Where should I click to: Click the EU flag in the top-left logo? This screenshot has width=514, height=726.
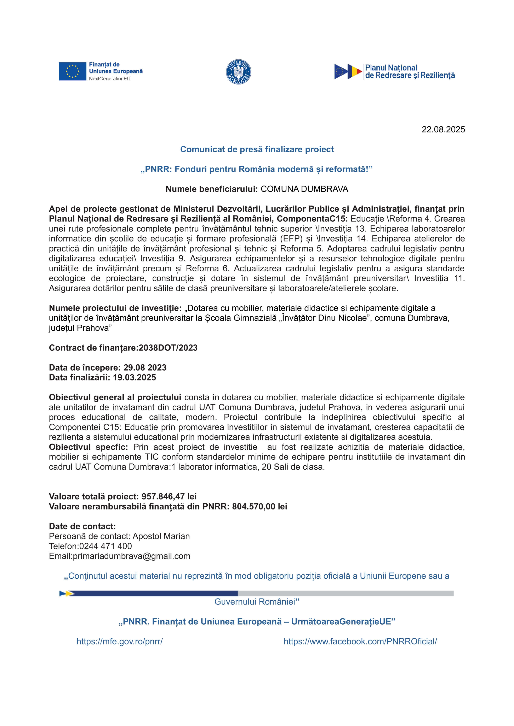73,71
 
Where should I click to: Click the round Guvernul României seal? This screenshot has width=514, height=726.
238,72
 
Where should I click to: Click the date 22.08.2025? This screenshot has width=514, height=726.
443,130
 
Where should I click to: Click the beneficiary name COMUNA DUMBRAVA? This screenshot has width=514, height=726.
304,189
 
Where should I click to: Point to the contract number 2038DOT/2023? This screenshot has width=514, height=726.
168,348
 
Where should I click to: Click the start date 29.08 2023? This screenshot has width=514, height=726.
145,368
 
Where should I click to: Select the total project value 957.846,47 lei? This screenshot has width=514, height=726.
169,496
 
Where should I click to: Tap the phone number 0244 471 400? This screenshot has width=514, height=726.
105,546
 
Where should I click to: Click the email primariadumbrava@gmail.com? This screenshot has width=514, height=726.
131,556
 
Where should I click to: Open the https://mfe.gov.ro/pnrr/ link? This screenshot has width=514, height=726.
120,642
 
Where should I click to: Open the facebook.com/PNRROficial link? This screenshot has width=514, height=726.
360,642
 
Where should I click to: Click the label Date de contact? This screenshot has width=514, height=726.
82,526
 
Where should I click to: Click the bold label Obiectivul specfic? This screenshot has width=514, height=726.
88,447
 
